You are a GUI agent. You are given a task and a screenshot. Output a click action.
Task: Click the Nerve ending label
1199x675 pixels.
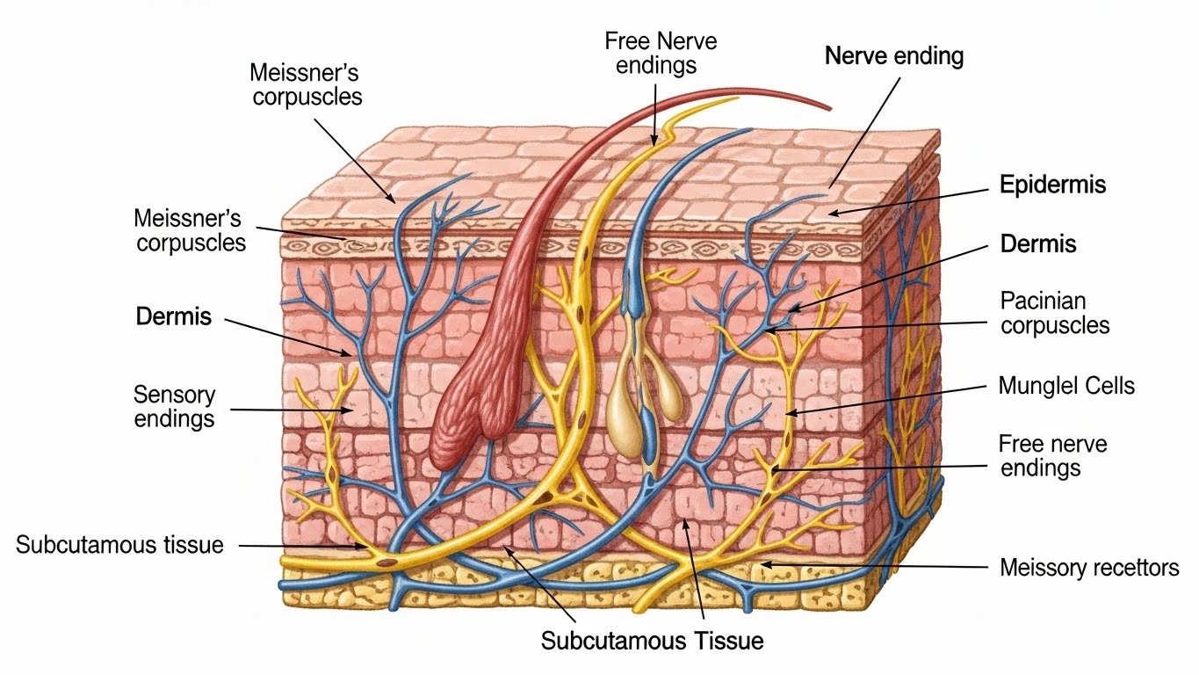click(894, 57)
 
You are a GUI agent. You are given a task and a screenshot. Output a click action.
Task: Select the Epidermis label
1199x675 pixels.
click(1052, 185)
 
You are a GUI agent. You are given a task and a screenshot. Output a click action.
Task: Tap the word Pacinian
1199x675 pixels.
click(1042, 301)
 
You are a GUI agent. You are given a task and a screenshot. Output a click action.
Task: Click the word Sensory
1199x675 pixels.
click(175, 395)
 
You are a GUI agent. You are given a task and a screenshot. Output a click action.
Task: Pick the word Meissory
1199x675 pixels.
click(1040, 568)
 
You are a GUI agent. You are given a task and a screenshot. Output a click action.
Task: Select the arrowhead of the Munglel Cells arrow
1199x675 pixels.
click(787, 412)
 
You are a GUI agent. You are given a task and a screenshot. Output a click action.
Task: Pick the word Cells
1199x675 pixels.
click(1109, 385)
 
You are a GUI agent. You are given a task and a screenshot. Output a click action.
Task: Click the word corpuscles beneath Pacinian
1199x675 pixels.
click(1055, 326)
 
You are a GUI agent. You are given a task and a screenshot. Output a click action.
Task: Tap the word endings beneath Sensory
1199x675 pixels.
click(174, 418)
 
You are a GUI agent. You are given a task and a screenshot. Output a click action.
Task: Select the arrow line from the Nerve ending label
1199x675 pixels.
click(864, 132)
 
